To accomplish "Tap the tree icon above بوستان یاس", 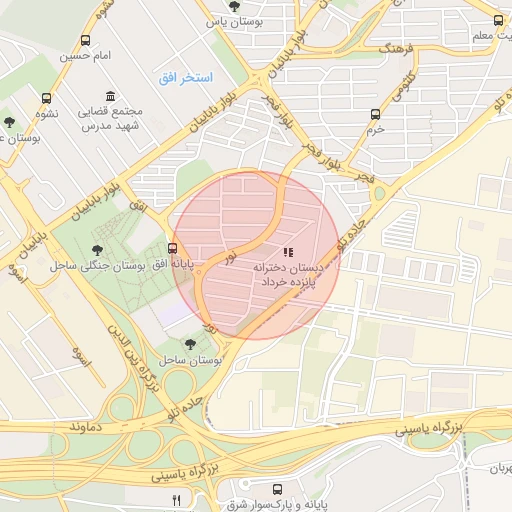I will point(234,6).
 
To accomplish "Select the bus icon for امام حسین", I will point(85,41).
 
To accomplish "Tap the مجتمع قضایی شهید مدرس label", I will point(108,119).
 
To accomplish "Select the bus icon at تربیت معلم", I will point(499,20).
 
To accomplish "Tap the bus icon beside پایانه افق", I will point(173,248).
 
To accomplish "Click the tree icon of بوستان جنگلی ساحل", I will point(97,250).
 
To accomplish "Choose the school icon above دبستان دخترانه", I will point(288,253).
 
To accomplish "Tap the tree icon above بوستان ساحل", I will point(190,344).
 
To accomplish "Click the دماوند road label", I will point(88,427).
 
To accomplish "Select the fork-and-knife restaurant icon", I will point(177,499).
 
